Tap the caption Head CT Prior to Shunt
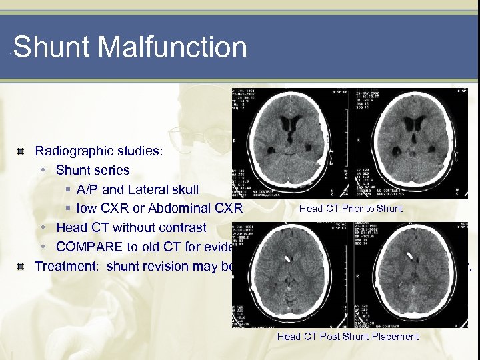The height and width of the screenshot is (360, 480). point(351,209)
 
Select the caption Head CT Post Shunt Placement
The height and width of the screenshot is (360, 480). point(348,337)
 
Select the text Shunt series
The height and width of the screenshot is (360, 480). point(93,170)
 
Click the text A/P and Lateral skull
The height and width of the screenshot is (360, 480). point(143,189)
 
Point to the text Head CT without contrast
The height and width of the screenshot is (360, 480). point(131,227)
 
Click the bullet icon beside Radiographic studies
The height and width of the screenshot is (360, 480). point(21,151)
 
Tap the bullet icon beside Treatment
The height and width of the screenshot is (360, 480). point(21,266)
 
